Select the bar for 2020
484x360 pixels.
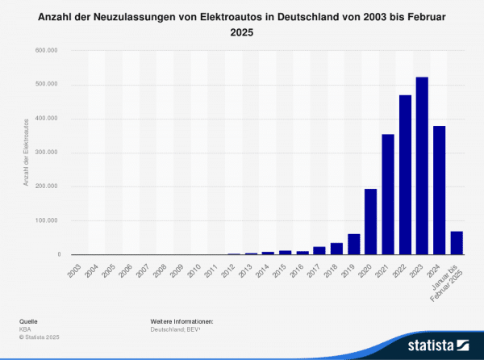coord(370,222)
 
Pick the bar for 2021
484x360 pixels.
coord(388,195)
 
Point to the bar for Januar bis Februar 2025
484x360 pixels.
coord(457,243)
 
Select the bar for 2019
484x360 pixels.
coord(353,245)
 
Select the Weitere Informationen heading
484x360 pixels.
coord(181,321)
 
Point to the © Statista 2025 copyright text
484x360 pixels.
coord(40,337)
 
